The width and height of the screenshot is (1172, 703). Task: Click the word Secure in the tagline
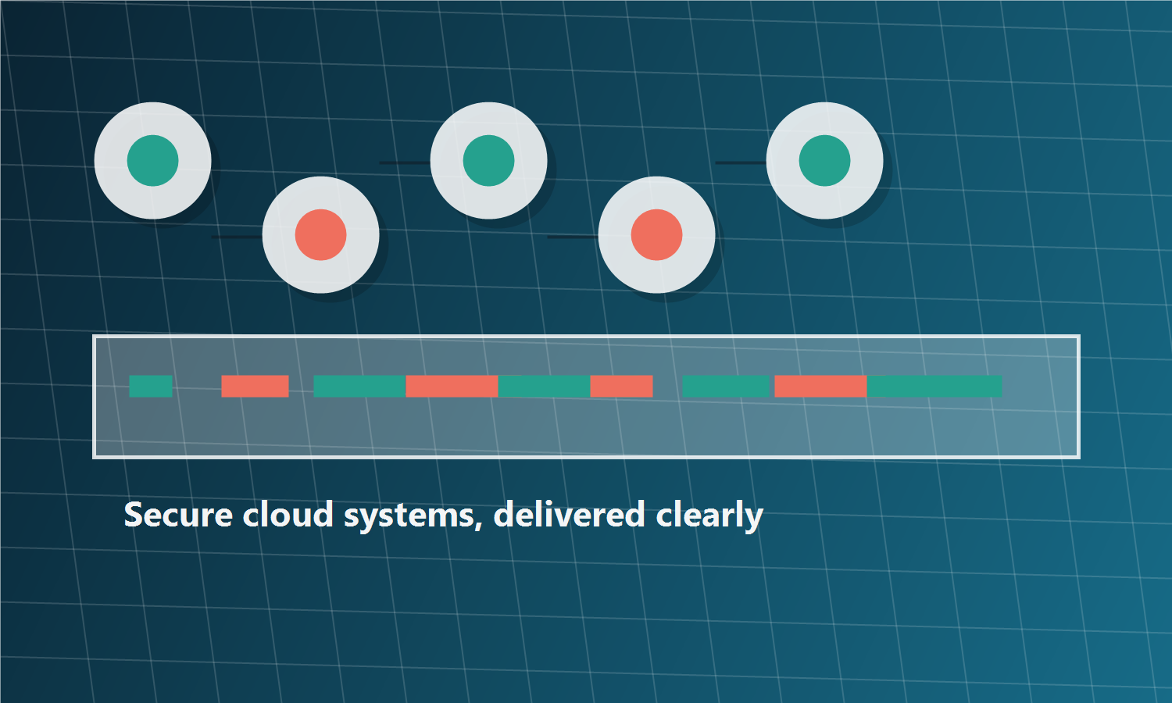pyautogui.click(x=178, y=515)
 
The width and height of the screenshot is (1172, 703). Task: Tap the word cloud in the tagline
pyautogui.click(x=288, y=514)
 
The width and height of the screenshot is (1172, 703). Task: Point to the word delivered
pyautogui.click(x=570, y=514)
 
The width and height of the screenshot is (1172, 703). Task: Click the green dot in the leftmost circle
pyautogui.click(x=153, y=161)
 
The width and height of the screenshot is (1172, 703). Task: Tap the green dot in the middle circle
pyautogui.click(x=488, y=161)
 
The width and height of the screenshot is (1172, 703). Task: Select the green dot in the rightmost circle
pyautogui.click(x=824, y=161)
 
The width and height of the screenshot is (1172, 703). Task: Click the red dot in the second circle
pyautogui.click(x=320, y=235)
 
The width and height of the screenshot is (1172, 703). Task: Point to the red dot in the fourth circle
pyautogui.click(x=656, y=235)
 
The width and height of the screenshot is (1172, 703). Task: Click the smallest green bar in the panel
pyautogui.click(x=151, y=386)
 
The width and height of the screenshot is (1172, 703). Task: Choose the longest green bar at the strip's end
pyautogui.click(x=934, y=386)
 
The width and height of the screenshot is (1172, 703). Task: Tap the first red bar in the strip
pyautogui.click(x=255, y=386)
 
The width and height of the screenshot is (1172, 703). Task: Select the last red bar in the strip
pyautogui.click(x=820, y=386)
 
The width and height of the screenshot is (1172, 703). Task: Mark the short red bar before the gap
pyautogui.click(x=622, y=386)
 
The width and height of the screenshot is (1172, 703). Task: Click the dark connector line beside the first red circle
pyautogui.click(x=237, y=237)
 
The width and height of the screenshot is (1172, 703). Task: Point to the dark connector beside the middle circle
pyautogui.click(x=405, y=162)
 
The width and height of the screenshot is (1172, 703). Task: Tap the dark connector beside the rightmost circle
pyautogui.click(x=741, y=162)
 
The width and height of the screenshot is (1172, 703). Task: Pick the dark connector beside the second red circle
pyautogui.click(x=573, y=237)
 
